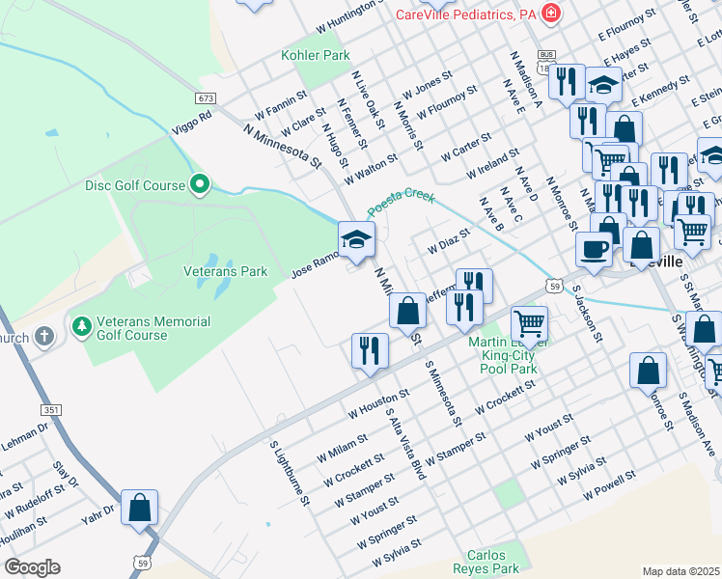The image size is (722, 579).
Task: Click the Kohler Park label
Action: coord(316,55)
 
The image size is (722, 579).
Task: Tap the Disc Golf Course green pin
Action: coord(200,182)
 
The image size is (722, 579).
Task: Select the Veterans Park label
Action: coord(225,272)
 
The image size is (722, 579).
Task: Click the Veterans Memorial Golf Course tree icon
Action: coord(81,324)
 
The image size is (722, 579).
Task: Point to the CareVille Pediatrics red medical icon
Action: coord(550,14)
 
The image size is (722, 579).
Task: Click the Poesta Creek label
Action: coord(401,201)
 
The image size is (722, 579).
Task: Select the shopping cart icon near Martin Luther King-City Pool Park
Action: coord(529,323)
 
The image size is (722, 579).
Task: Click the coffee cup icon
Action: coord(594,249)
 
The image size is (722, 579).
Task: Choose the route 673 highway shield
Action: coord(204,98)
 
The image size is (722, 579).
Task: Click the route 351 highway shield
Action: coord(51,410)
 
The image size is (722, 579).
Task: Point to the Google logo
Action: coord(32,567)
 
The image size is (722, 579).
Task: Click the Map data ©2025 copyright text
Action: coord(680,571)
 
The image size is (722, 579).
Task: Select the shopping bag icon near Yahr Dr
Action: coord(139,507)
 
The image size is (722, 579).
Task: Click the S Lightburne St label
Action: coord(289,473)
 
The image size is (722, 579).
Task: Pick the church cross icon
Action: coord(42,337)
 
